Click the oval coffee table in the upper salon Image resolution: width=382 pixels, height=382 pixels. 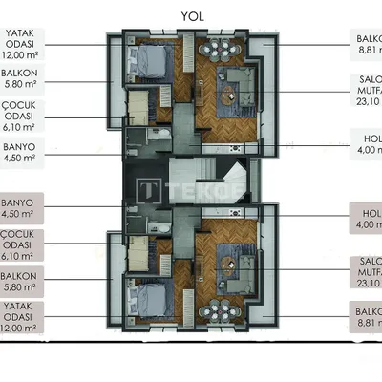(232, 93)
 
